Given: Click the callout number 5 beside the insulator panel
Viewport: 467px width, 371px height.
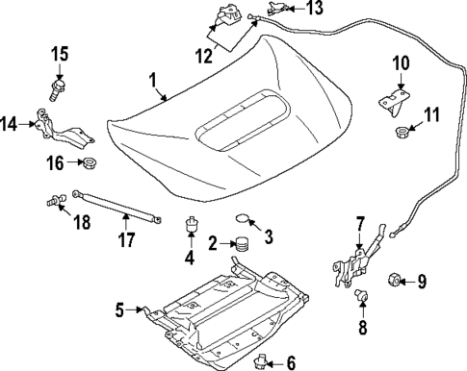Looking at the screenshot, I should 120,309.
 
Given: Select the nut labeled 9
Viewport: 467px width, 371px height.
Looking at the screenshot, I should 394,281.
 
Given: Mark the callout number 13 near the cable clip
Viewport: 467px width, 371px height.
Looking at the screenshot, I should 315,9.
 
